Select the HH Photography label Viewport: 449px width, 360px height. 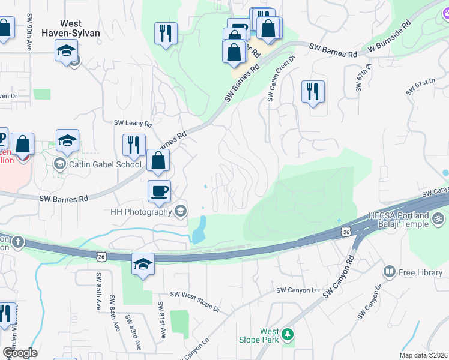141,211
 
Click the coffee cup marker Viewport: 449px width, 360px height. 159,191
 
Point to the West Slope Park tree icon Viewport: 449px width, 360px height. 288,334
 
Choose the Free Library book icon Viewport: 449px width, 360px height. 389,272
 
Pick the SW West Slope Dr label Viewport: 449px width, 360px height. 195,301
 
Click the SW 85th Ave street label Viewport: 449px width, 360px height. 97,289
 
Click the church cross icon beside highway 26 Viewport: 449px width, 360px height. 18,242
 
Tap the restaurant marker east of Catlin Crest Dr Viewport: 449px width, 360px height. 313,92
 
